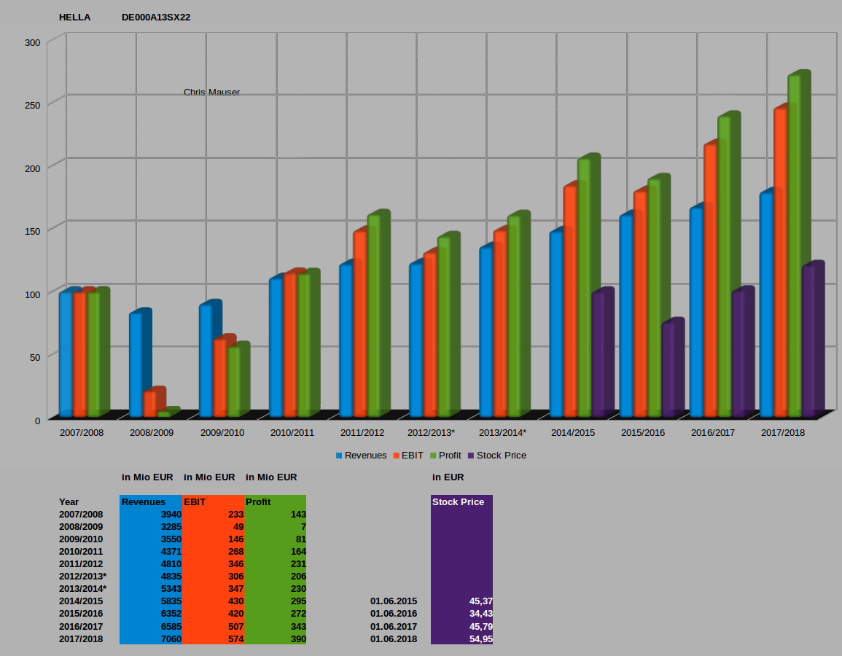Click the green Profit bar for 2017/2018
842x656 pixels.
point(794,248)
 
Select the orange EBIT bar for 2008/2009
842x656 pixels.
point(149,403)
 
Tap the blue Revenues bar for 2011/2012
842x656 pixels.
point(346,340)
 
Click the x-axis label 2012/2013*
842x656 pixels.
point(431,433)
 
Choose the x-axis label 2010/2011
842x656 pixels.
point(292,433)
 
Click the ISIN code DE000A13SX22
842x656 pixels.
point(156,17)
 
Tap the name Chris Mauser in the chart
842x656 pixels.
point(211,93)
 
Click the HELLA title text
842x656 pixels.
point(74,17)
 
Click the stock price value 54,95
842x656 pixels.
point(480,639)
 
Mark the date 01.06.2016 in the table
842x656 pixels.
point(394,614)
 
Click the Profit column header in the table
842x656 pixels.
point(259,502)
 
